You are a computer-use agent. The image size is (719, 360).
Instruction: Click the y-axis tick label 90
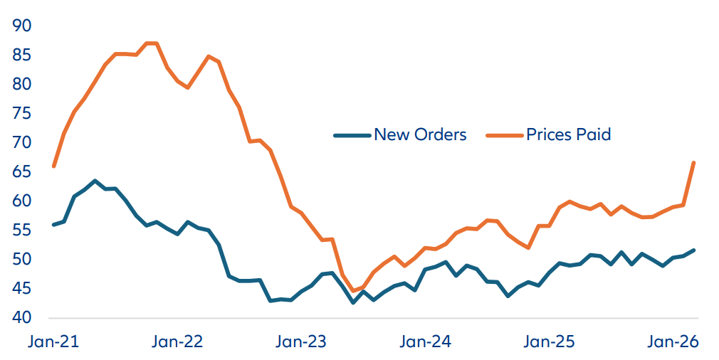tap(22, 26)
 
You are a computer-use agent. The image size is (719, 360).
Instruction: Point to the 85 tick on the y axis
tap(22, 55)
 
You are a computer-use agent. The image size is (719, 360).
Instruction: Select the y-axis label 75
tap(22, 113)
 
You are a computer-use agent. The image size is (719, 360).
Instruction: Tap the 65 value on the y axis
tap(22, 171)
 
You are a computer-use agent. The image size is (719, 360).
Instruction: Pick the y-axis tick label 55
tap(22, 230)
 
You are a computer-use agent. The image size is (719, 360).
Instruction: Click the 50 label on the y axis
tap(22, 259)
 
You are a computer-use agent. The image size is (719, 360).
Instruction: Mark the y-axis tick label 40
tap(22, 317)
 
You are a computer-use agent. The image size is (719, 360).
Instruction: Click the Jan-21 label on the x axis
tap(53, 342)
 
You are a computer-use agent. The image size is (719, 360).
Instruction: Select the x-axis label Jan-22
tap(178, 342)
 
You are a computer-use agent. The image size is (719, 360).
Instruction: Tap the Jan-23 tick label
tap(302, 342)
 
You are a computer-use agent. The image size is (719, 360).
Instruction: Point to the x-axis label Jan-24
tap(426, 342)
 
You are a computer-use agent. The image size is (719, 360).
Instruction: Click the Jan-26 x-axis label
tap(673, 342)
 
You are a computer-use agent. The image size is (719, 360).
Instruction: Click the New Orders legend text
tap(420, 134)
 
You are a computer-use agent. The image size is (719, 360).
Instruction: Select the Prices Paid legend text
tap(568, 134)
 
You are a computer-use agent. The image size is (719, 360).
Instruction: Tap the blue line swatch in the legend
tap(352, 134)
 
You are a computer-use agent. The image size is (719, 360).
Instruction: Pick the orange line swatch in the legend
tap(504, 134)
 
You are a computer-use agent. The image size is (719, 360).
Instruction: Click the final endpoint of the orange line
tap(693, 163)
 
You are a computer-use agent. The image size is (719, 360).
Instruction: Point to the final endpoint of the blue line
tap(693, 250)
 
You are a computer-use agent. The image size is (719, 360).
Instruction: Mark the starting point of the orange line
tap(54, 166)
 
